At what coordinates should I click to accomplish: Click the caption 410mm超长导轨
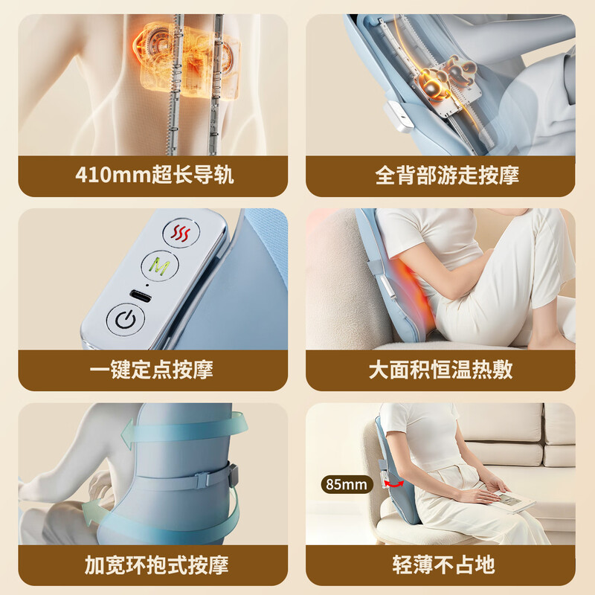click(x=154, y=176)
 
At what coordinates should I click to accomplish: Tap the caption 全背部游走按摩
click(x=447, y=176)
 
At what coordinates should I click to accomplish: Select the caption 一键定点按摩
click(x=154, y=370)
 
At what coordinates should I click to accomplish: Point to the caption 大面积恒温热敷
click(x=441, y=370)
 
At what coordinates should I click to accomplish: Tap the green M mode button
click(x=157, y=265)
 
